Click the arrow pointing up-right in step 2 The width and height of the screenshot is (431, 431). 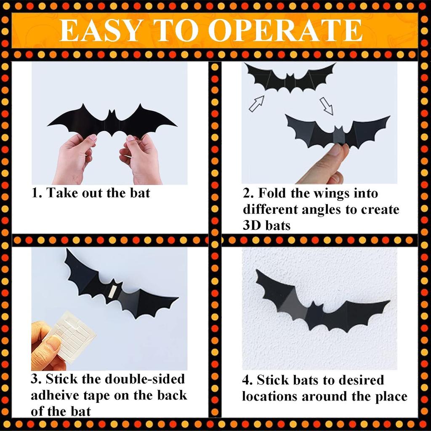coord(256,104)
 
